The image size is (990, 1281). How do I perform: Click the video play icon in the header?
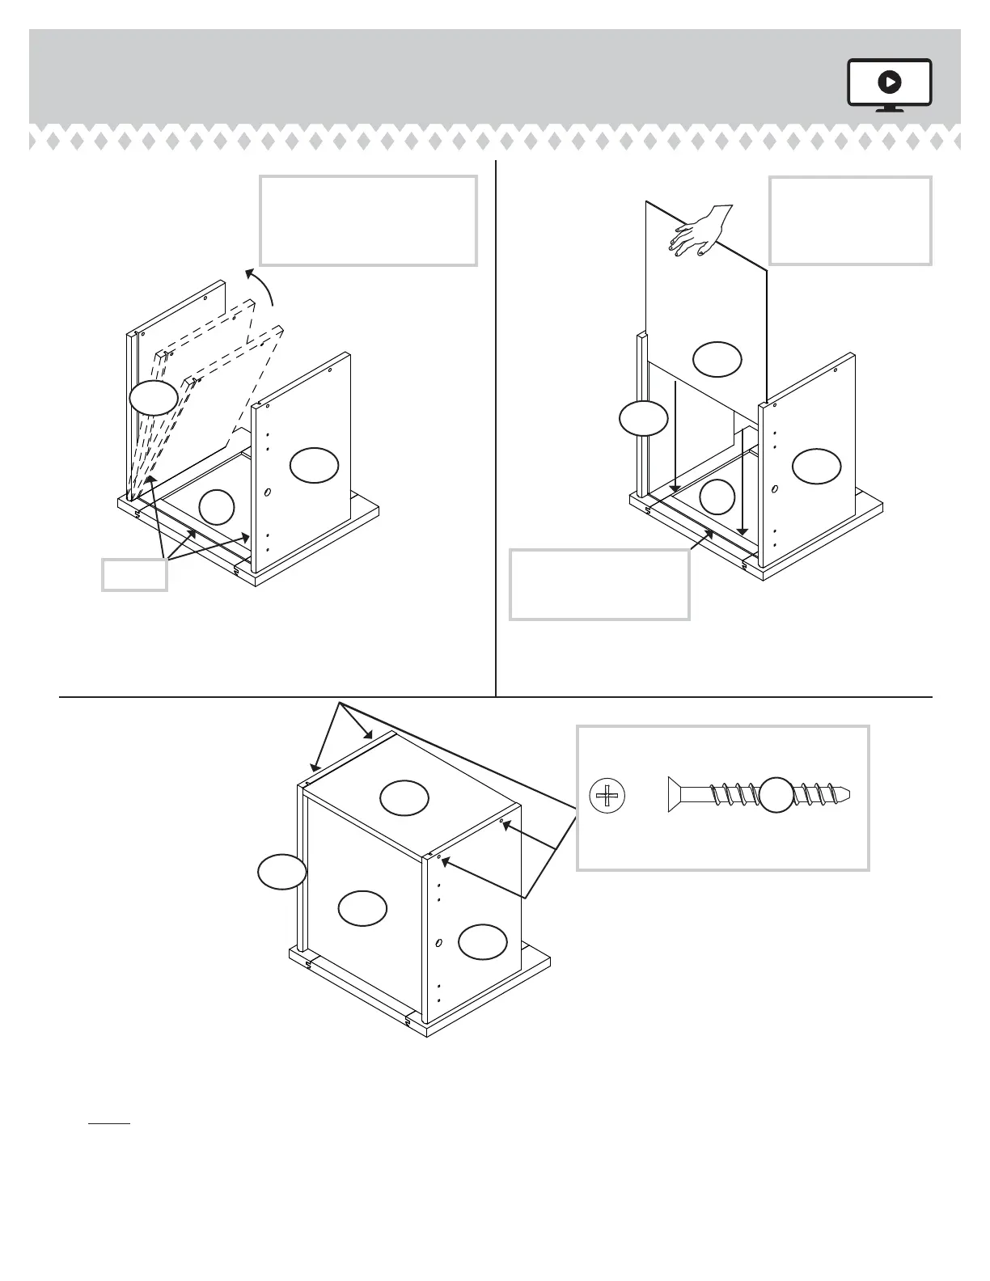click(x=890, y=82)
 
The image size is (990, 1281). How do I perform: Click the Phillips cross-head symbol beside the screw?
click(x=607, y=797)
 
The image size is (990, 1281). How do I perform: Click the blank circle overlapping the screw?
click(x=776, y=795)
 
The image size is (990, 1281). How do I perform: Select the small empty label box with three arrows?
click(x=134, y=575)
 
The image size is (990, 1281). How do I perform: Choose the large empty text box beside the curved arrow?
click(x=368, y=221)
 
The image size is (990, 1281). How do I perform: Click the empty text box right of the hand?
click(x=850, y=221)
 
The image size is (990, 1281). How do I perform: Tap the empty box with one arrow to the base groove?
click(x=599, y=585)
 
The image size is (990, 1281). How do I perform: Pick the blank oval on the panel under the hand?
click(x=717, y=359)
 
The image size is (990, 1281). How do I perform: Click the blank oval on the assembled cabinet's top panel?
click(x=404, y=798)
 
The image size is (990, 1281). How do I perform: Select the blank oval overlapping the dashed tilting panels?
click(x=153, y=398)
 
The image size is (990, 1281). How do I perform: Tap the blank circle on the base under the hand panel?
click(x=717, y=497)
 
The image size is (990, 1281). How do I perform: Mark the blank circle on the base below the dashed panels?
click(x=216, y=506)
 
